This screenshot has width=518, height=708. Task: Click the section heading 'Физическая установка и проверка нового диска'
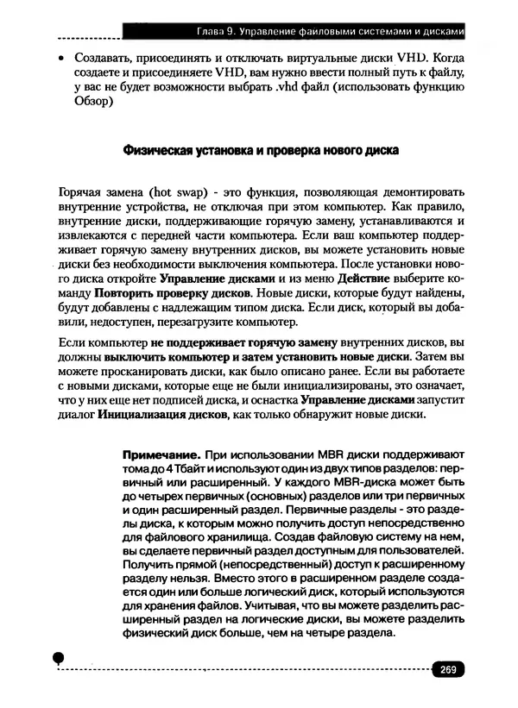(258, 150)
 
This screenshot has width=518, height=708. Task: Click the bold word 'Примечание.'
(164, 454)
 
